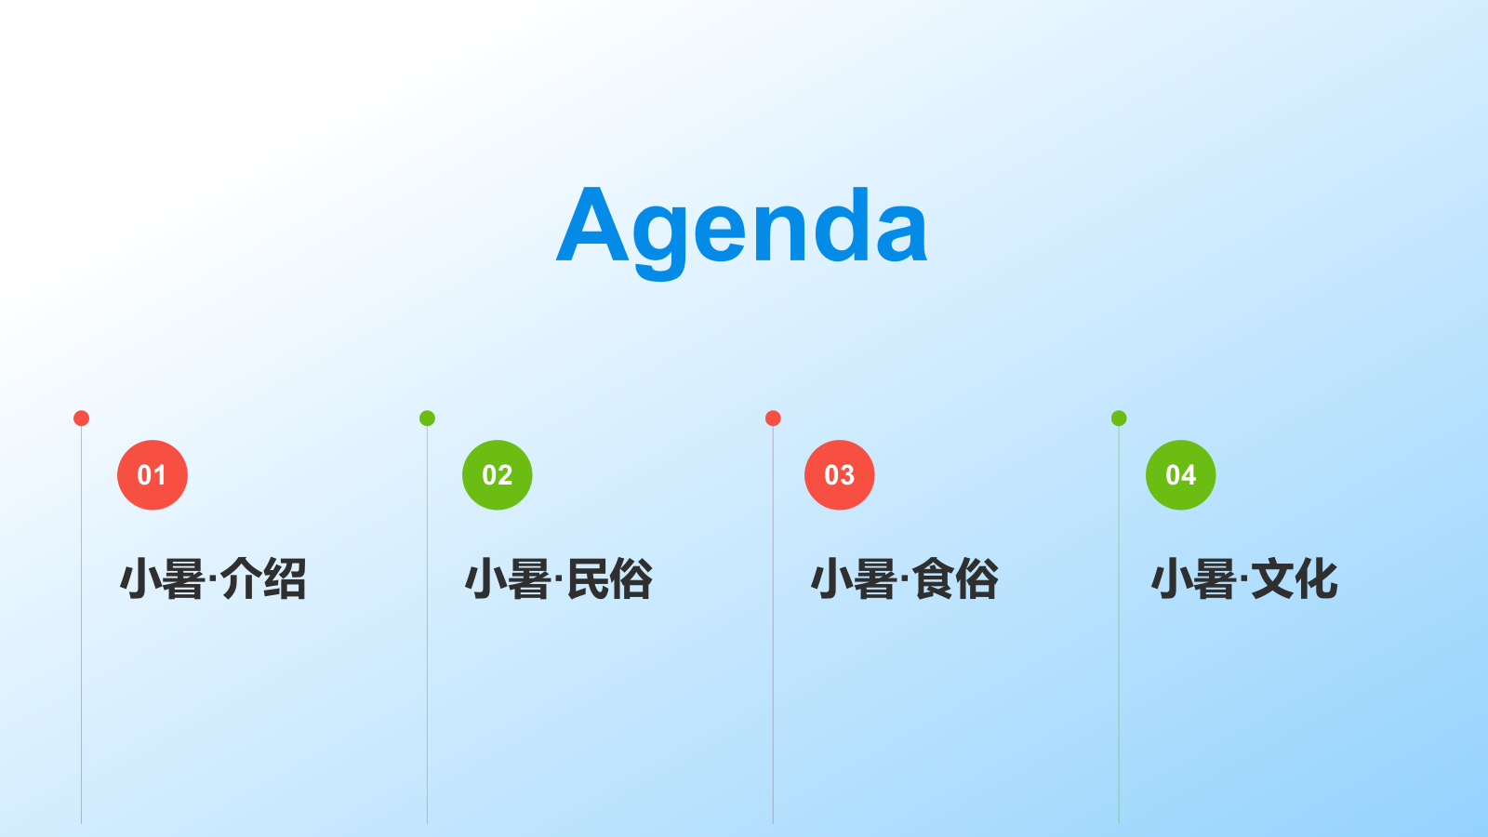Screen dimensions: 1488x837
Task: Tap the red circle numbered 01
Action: click(153, 475)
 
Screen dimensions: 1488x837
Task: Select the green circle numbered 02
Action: click(497, 475)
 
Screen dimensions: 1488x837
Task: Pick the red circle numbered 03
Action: click(839, 475)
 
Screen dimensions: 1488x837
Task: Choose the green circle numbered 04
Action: click(1180, 475)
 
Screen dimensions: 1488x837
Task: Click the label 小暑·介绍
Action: click(213, 578)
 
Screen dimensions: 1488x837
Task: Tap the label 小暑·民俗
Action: click(559, 578)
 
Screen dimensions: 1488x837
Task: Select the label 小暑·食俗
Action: click(904, 578)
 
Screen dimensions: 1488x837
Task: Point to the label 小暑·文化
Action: click(1244, 578)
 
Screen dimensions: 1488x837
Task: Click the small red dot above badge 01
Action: click(81, 418)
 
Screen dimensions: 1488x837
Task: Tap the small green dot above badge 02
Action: click(427, 418)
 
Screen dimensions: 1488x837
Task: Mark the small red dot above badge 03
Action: click(773, 418)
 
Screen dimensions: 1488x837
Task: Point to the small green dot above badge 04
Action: click(1119, 418)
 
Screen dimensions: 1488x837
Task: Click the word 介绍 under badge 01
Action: click(263, 578)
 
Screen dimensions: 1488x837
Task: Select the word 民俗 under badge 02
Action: click(609, 578)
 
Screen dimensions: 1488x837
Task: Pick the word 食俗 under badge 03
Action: click(954, 578)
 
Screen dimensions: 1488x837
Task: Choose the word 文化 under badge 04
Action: click(1295, 578)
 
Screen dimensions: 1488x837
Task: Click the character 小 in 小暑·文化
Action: click(1172, 578)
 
